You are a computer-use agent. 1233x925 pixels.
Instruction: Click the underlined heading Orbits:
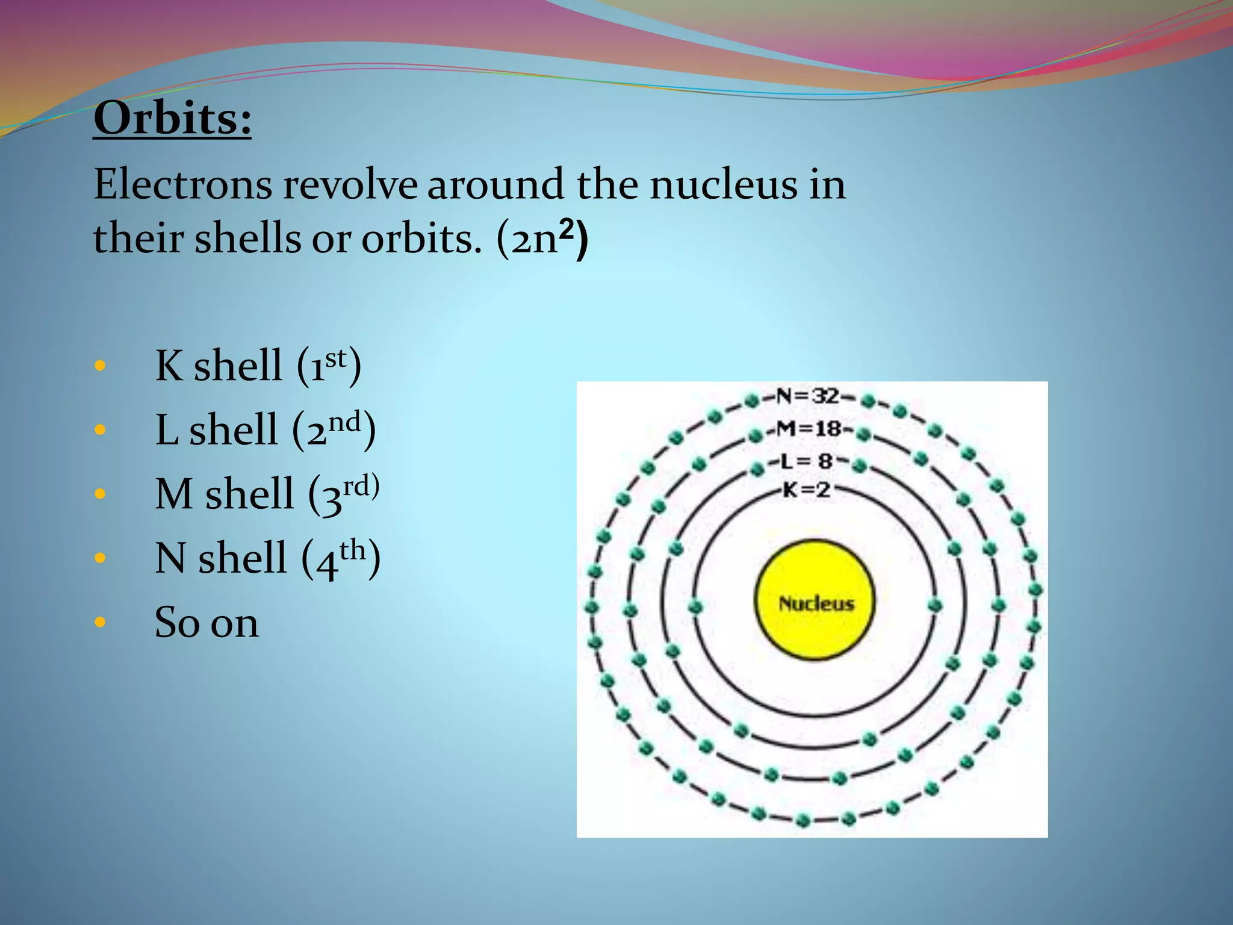click(172, 119)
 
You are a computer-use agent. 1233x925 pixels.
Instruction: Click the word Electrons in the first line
click(182, 185)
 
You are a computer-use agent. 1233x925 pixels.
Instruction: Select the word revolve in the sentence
click(350, 185)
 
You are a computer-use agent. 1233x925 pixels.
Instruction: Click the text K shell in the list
click(218, 366)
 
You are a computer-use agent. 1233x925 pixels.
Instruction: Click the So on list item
click(207, 623)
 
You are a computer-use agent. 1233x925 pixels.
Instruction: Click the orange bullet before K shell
click(100, 366)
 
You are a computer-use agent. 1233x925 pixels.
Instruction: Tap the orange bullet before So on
click(100, 622)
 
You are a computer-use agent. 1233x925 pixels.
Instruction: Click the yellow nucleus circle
click(815, 600)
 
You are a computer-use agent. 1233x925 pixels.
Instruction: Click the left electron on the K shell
click(696, 606)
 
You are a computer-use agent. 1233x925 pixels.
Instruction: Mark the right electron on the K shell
click(934, 605)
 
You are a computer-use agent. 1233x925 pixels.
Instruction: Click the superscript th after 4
click(353, 550)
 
